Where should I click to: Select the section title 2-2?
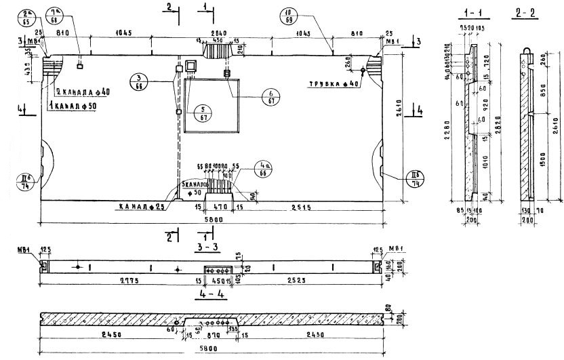point(524,12)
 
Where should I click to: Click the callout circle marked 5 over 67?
point(201,112)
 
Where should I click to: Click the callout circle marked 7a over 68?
point(56,14)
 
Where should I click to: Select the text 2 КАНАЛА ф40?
point(81,92)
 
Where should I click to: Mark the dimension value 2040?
point(218,33)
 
